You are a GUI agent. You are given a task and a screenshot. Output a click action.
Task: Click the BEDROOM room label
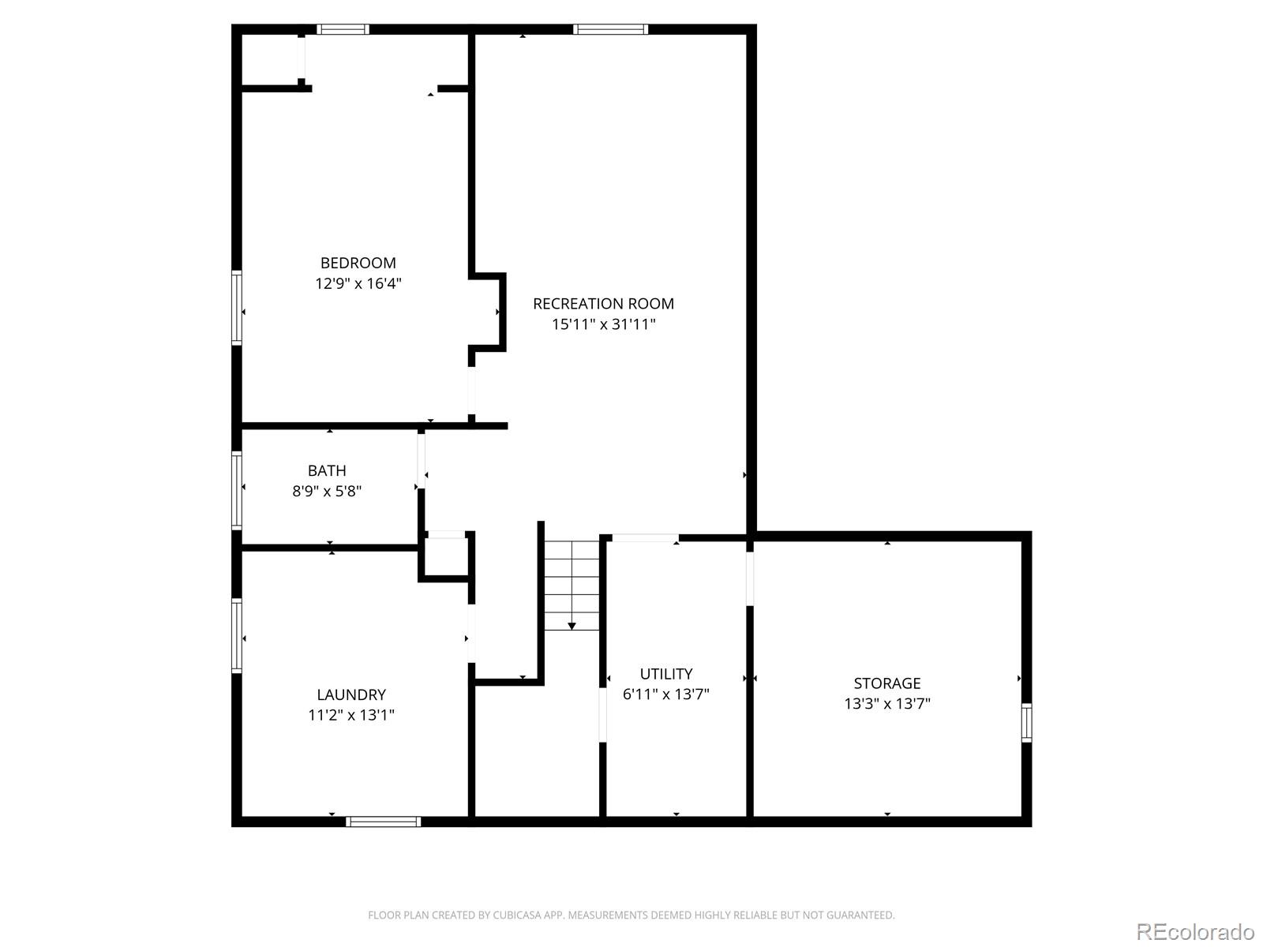358,263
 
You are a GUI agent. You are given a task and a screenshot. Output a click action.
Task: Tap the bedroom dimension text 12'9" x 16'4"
358,283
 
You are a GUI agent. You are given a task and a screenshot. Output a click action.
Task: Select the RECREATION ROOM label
603,304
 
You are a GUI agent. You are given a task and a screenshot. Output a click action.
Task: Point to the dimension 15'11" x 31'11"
603,324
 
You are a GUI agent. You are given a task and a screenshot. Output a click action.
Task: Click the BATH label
327,470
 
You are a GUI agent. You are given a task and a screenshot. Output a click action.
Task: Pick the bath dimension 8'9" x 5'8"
327,491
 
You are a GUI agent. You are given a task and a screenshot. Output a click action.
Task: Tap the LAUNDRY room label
351,694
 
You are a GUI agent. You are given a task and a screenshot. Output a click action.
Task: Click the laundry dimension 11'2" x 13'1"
351,715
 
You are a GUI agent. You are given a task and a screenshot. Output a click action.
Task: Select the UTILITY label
665,673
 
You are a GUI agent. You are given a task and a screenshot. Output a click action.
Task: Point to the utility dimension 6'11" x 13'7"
665,694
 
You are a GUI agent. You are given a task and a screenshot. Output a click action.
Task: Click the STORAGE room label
886,683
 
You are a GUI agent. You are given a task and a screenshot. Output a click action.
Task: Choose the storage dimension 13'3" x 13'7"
886,704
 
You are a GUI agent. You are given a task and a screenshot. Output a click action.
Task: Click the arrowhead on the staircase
572,626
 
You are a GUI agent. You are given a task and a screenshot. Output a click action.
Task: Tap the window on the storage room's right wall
1026,723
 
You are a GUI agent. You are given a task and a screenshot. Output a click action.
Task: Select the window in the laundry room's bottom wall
383,822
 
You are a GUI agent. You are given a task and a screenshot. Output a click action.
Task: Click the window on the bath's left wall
237,490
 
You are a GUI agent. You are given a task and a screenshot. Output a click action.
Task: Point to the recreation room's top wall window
610,29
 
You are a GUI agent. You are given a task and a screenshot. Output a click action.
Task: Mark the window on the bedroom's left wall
237,308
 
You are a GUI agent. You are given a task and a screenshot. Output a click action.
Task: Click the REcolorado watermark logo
1196,931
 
